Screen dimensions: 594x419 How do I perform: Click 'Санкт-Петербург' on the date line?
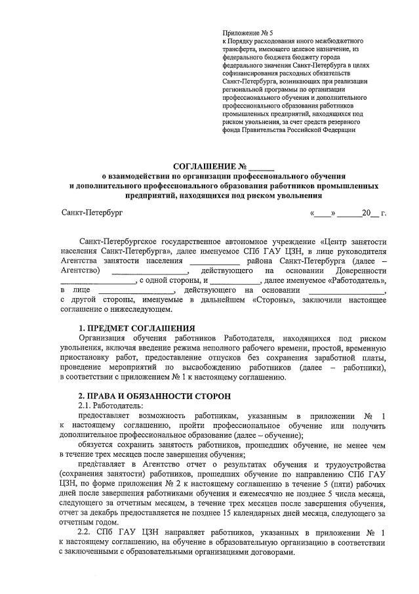(x=92, y=213)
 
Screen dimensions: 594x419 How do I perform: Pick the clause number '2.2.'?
(x=87, y=529)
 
